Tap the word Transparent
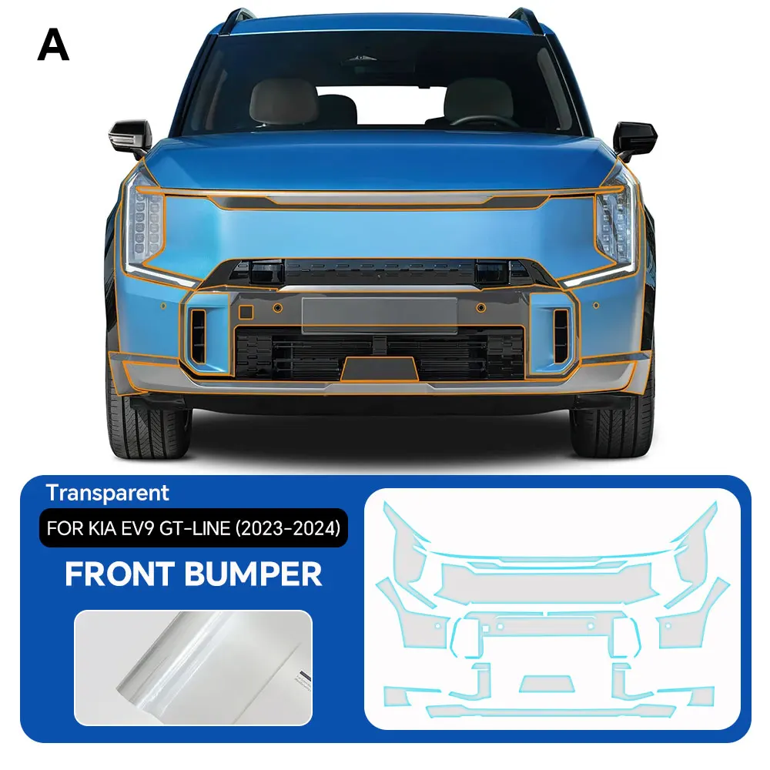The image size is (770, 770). (107, 493)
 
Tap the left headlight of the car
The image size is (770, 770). (146, 223)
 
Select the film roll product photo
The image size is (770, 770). (192, 664)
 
